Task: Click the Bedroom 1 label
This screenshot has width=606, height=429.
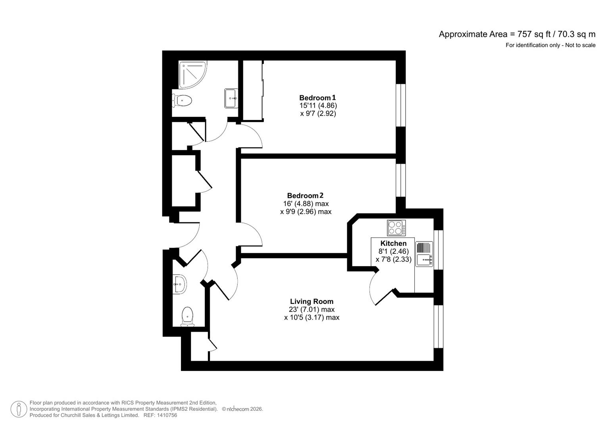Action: [317, 98]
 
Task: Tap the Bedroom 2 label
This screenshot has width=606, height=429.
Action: [305, 195]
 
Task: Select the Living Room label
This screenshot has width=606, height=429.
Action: [312, 301]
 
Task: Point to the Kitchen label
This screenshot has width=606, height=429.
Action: [393, 243]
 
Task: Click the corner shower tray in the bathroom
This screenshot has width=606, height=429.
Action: [192, 74]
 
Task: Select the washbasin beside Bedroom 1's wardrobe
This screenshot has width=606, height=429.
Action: [231, 98]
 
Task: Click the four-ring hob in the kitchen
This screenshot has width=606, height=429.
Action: [396, 228]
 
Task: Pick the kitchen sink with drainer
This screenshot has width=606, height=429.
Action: [424, 254]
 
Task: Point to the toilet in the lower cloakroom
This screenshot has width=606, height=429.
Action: [187, 317]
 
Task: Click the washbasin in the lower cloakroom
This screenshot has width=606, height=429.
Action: [179, 284]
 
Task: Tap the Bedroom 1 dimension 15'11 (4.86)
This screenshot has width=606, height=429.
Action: [318, 106]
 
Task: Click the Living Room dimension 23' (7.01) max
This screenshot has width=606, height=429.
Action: [312, 309]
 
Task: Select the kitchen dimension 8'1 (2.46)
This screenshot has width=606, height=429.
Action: [393, 251]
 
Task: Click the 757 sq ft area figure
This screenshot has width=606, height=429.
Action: [531, 34]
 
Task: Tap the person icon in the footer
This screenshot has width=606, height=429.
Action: [19, 409]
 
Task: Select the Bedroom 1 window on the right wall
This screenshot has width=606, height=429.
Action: [401, 106]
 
